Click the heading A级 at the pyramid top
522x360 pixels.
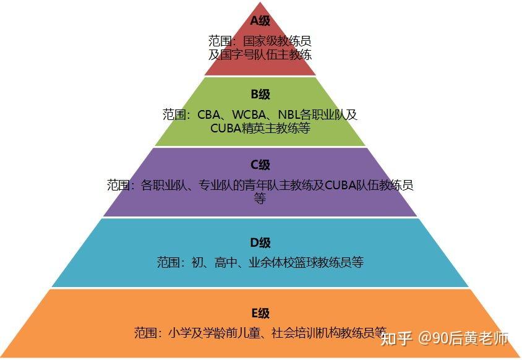tap(260, 21)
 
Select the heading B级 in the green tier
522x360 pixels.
tap(260, 95)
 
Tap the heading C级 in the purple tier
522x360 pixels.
tap(260, 165)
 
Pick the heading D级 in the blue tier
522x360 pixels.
tap(260, 243)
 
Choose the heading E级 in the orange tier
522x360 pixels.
tap(260, 314)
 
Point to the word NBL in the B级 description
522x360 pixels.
tap(289, 115)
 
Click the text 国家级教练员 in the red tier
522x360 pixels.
tap(276, 41)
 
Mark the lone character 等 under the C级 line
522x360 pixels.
tap(260, 199)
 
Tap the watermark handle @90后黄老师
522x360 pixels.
tap(464, 338)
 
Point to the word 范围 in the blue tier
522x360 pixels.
tap(168, 263)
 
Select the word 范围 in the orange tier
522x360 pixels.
tap(146, 333)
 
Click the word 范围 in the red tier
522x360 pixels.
tap(220, 41)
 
